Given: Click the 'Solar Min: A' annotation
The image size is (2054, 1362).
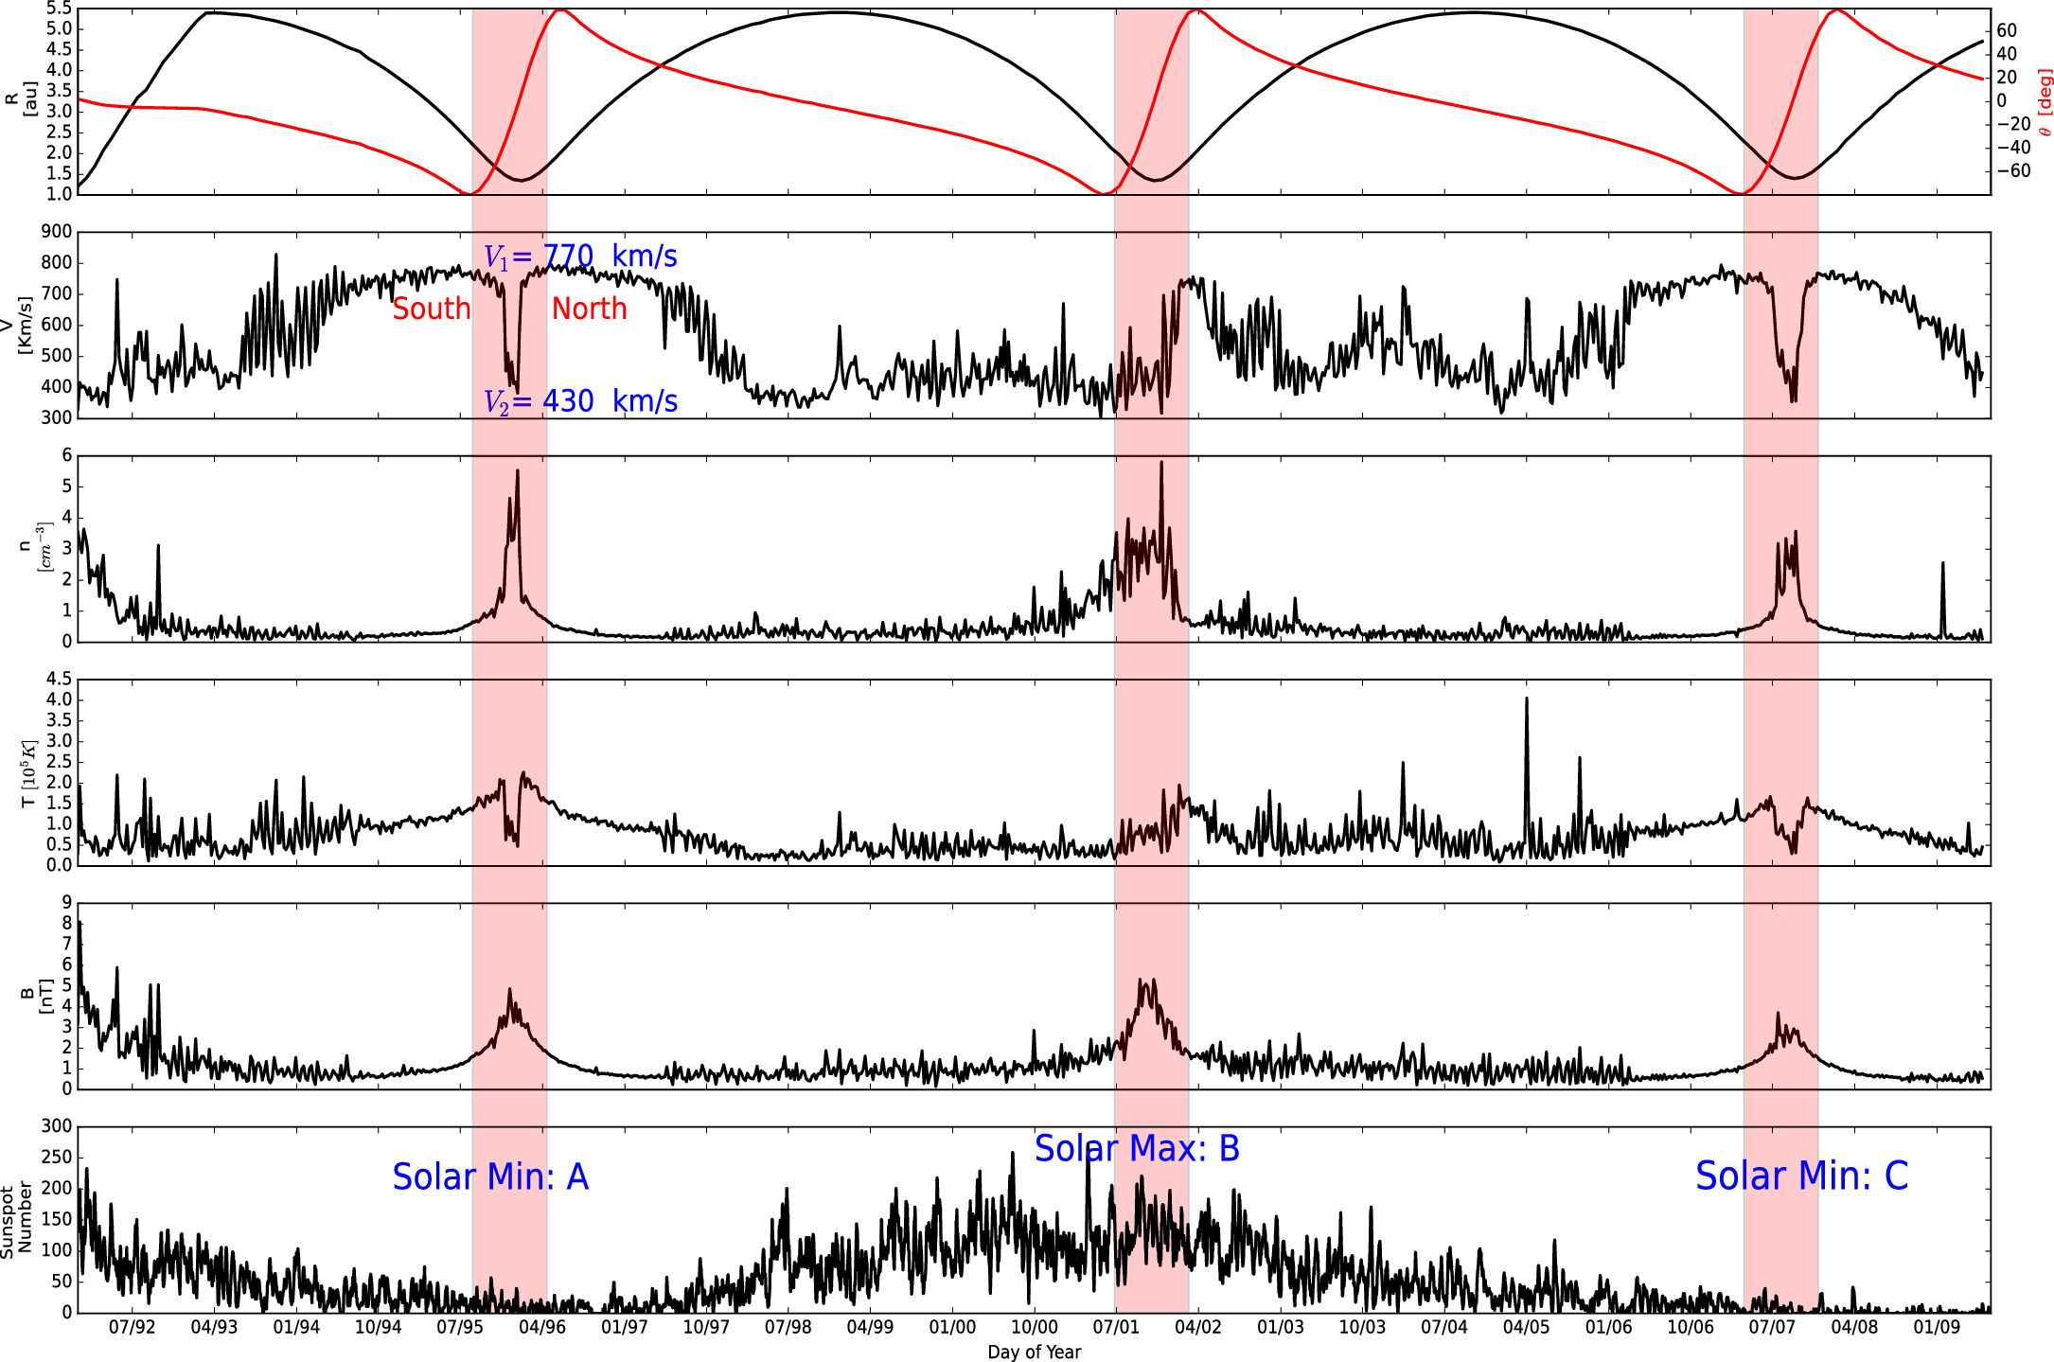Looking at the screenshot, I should [490, 1176].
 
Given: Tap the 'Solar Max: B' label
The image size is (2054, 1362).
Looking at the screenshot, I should [1137, 1148].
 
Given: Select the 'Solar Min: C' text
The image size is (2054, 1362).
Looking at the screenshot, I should [1801, 1176].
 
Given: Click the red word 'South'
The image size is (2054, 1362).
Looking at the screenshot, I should [432, 309].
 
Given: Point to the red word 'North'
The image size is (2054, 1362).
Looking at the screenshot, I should [589, 309].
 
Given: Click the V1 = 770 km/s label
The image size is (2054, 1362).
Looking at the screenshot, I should [580, 256].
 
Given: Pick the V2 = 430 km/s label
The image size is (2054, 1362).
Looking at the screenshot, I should [580, 401].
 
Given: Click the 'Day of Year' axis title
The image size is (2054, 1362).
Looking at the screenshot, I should [1034, 1352].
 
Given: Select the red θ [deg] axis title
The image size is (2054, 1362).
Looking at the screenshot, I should [2045, 102].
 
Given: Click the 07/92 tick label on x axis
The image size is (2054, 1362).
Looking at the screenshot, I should [132, 1327].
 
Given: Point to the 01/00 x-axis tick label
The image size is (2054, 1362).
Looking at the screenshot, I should [952, 1327].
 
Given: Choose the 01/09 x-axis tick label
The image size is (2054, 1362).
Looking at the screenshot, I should [1937, 1327].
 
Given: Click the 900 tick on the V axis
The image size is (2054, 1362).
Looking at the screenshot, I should [57, 232].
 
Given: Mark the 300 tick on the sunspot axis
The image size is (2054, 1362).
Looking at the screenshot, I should [57, 1126].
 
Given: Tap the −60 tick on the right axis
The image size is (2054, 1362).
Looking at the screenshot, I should [2013, 171].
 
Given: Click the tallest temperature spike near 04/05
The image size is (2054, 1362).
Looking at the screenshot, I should [1526, 699].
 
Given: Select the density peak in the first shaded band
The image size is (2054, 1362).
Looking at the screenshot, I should [517, 471].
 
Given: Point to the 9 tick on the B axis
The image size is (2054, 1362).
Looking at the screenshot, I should [66, 903].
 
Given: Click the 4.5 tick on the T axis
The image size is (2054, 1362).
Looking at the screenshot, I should [59, 680].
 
